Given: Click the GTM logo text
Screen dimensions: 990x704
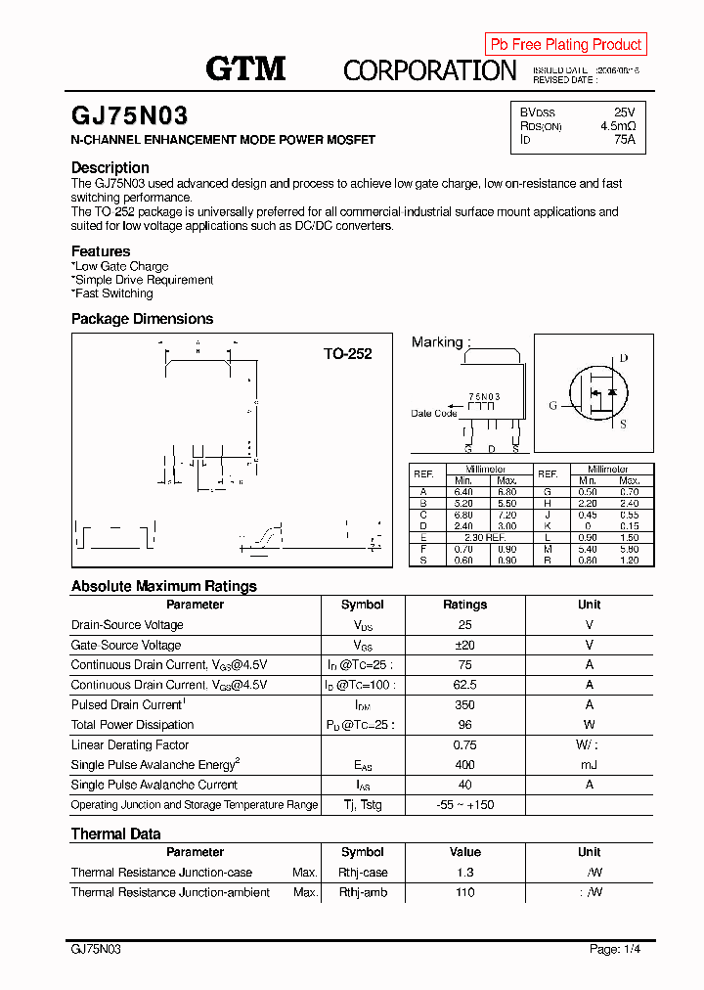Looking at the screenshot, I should coord(245,68).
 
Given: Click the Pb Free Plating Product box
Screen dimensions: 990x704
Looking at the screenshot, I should coord(565,44).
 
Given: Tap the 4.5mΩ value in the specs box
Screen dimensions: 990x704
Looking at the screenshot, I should coord(618,126).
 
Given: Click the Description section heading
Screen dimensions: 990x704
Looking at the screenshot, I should coord(110,167).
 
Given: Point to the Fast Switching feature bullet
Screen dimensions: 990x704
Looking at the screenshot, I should coord(112,293).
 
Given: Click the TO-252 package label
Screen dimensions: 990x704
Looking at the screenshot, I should coord(348,354).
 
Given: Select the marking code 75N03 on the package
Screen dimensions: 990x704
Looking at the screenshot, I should coord(484,396).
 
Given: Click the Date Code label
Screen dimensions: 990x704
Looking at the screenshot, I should coord(434,413).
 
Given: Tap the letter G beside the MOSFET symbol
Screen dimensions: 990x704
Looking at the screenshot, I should coord(552,405).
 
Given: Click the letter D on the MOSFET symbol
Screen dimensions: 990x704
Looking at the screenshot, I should coord(623,359).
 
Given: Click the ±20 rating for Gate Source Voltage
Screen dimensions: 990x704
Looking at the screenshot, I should coord(464,645).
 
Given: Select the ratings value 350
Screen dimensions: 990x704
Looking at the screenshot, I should coord(464,704).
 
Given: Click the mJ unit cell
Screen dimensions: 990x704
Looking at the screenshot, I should coord(589,765).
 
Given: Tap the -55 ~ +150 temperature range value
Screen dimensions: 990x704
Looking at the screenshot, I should coord(464,804).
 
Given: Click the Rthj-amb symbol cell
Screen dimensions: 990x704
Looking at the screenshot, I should coord(363,892).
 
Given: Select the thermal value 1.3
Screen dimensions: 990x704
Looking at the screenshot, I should coord(464,873).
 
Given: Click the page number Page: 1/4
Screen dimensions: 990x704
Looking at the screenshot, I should coord(615,949).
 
